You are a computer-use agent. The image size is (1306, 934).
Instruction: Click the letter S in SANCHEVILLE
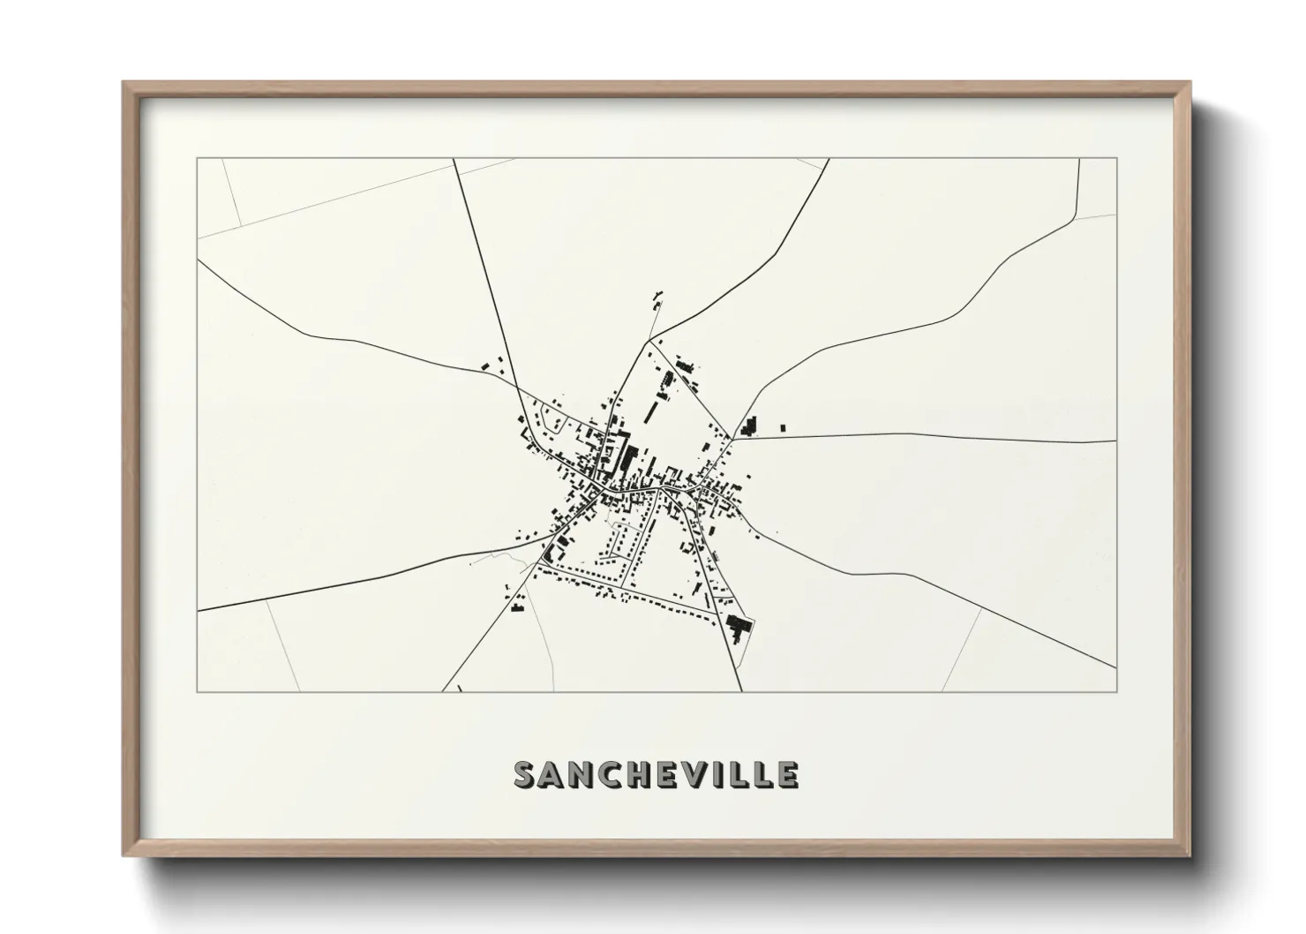tap(527, 774)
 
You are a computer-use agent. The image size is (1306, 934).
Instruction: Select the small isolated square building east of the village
tap(783, 428)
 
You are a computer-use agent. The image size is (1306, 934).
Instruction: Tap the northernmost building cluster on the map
tap(657, 300)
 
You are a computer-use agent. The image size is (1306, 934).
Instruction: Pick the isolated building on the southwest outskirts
tap(517, 606)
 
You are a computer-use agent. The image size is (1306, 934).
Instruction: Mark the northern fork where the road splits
tap(649, 340)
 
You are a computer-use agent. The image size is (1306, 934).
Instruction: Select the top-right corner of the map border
tap(1116, 159)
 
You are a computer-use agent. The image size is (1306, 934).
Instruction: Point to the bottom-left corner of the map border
tap(198, 691)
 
